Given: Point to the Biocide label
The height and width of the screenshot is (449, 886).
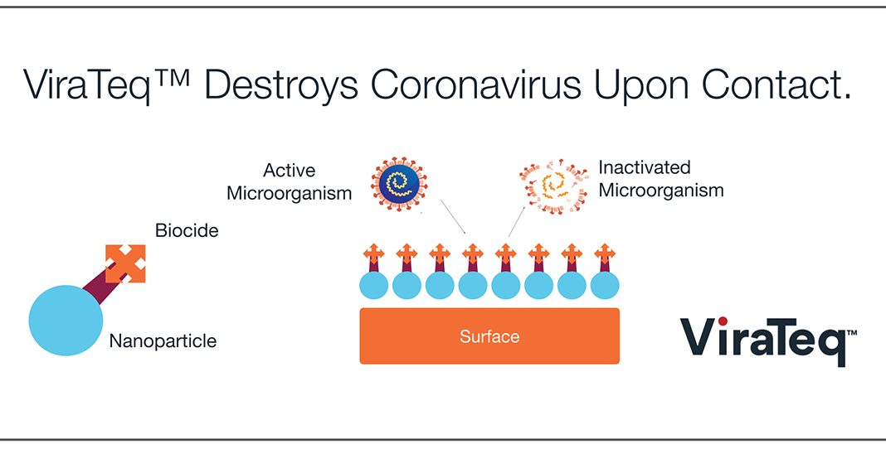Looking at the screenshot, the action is (187, 230).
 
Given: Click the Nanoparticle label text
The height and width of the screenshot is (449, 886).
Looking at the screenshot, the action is (163, 341).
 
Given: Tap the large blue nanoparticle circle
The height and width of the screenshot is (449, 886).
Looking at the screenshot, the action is (66, 321).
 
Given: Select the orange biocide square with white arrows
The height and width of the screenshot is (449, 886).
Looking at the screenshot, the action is (125, 263).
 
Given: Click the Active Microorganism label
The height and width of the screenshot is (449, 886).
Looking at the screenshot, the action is (290, 181).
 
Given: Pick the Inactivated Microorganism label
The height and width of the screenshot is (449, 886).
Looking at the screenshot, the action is (660, 179).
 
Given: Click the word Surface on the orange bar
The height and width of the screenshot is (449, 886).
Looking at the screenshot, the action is (489, 336).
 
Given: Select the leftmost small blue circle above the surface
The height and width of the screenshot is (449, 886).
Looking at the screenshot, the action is (374, 286).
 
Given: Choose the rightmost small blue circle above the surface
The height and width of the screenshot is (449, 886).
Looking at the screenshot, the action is (605, 286).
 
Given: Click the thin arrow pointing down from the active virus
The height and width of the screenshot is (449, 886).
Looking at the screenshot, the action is (453, 216).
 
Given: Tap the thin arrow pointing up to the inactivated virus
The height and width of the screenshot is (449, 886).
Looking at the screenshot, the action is (517, 221).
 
